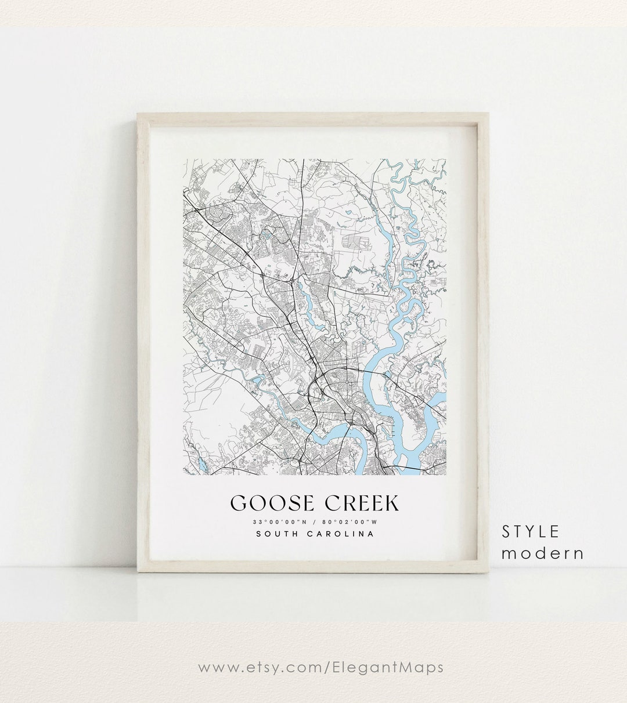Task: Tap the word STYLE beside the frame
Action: [x=531, y=531]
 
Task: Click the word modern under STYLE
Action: [x=543, y=553]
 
